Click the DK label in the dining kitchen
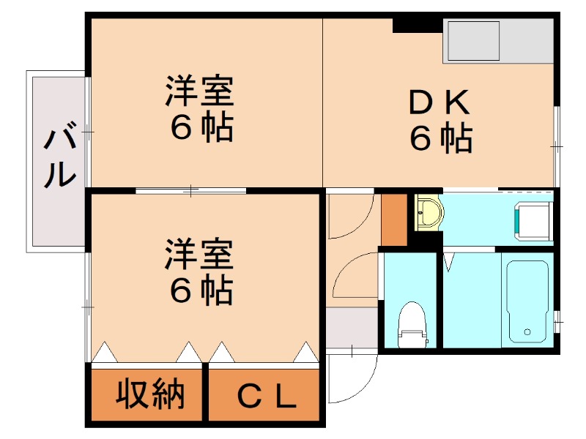point(439,105)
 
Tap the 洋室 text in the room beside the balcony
point(199,94)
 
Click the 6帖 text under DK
point(439,139)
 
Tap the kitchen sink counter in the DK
point(498,41)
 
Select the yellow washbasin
point(428,214)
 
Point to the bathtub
point(527,300)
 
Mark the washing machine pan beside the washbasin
point(533,220)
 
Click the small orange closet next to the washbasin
point(394,218)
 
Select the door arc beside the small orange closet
point(350,217)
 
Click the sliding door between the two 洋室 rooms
point(191,191)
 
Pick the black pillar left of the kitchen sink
point(418,26)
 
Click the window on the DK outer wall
point(556,146)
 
